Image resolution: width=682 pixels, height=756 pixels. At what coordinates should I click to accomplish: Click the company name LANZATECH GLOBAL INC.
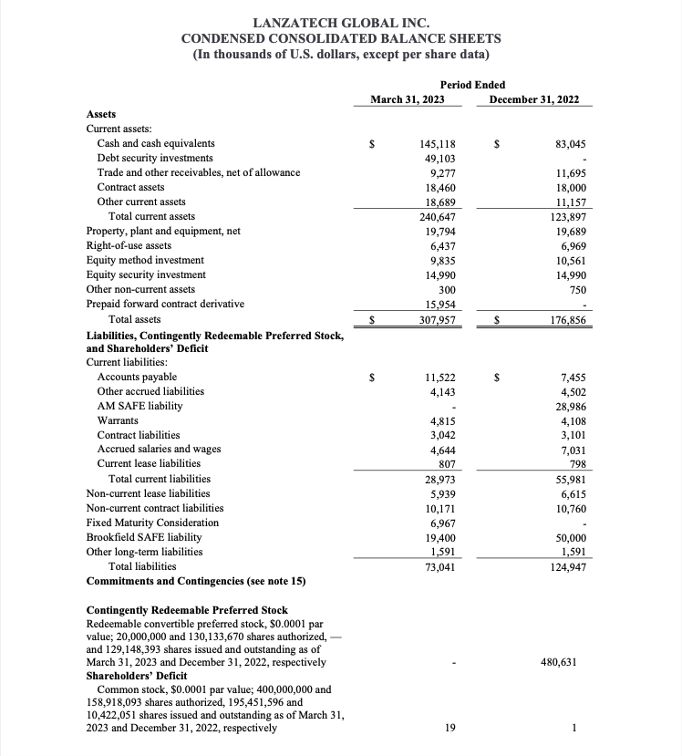(x=340, y=21)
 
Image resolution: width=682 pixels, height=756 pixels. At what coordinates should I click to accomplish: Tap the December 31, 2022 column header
(x=533, y=99)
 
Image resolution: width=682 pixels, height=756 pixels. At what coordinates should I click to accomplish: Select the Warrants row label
(x=118, y=420)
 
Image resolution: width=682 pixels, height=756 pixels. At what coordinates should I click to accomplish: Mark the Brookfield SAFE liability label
(x=143, y=537)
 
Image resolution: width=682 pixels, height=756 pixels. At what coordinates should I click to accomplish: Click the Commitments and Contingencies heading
(x=196, y=581)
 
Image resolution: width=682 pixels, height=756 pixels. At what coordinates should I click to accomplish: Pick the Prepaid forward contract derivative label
(x=164, y=304)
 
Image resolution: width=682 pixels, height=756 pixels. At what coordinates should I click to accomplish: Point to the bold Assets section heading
(x=100, y=115)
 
